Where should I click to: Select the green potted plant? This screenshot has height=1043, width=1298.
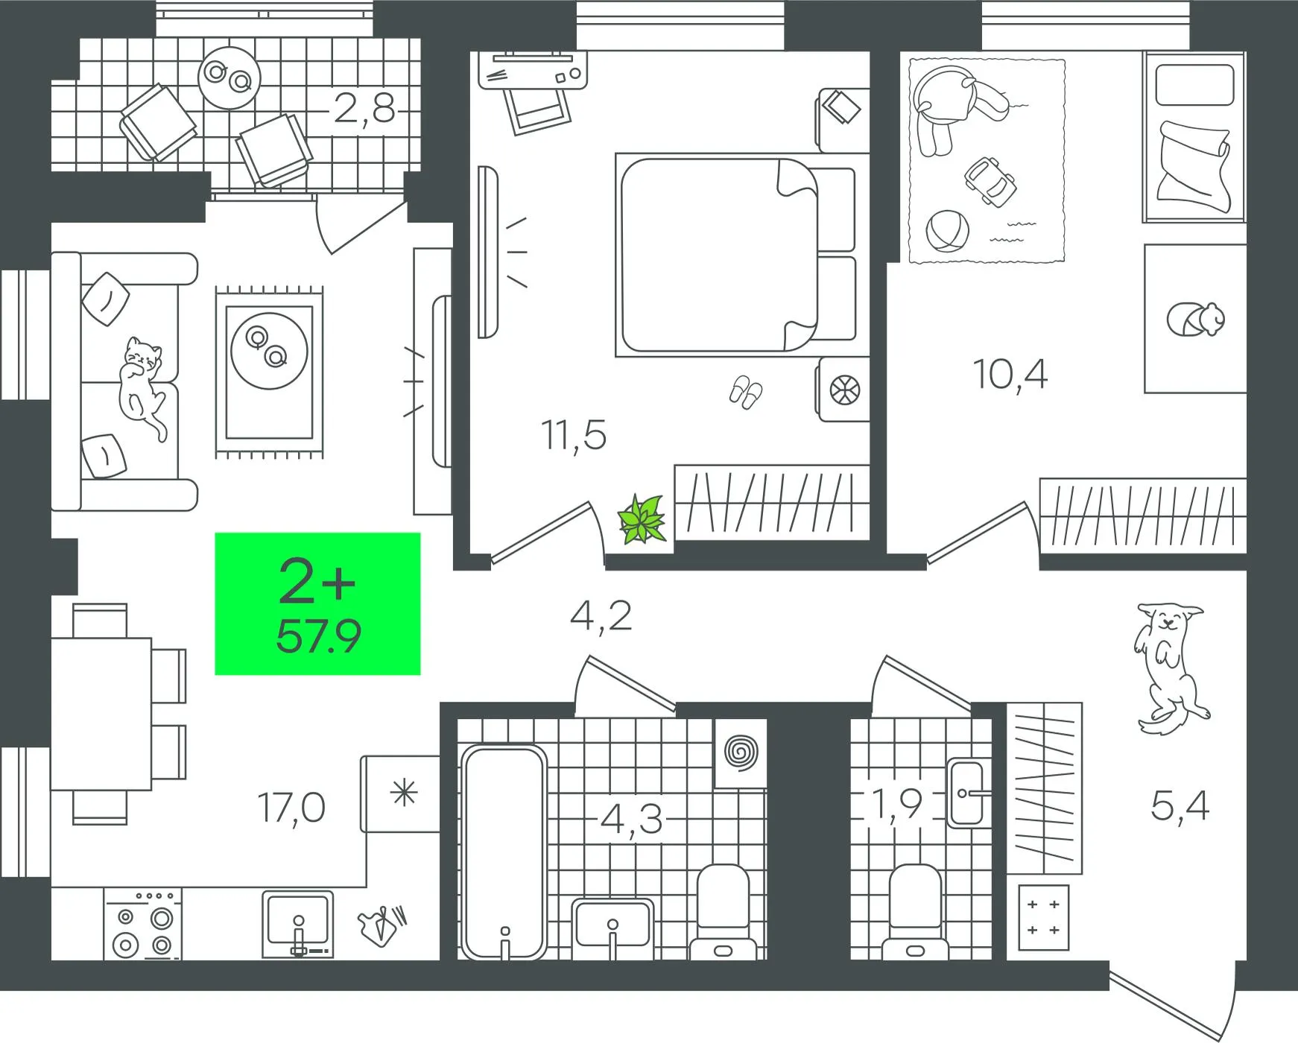(642, 519)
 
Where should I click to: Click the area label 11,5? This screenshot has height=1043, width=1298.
(574, 435)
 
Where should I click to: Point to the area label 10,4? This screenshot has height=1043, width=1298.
(1010, 374)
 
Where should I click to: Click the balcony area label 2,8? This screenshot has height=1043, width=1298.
(364, 109)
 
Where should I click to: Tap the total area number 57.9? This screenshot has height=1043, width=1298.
(318, 636)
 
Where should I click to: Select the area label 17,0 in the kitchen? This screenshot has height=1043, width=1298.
(291, 808)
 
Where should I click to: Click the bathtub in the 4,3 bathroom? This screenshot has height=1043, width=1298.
(504, 852)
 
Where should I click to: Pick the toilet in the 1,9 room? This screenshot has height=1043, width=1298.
(916, 912)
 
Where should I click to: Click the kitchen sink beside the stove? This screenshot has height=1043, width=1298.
(297, 924)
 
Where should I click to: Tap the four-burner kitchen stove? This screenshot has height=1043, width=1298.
(142, 924)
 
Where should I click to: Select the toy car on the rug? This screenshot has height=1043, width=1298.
(990, 181)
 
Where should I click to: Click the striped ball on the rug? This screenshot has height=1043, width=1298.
(948, 232)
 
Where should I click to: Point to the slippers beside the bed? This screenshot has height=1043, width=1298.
(746, 392)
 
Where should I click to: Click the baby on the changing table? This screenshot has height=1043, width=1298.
(1196, 320)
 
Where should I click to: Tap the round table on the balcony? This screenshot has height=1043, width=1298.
(229, 77)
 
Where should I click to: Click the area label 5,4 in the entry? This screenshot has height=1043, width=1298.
(1180, 805)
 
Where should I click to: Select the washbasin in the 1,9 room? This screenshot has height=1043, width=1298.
(969, 793)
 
